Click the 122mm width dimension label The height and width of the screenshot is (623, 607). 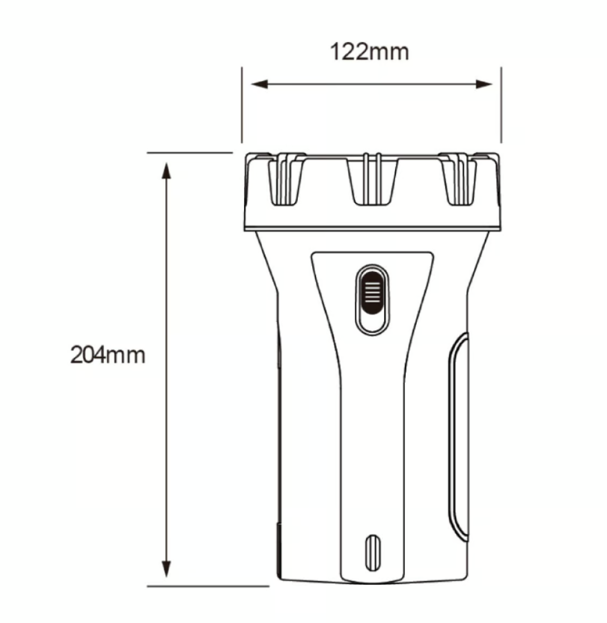tap(370, 52)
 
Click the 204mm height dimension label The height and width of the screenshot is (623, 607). tap(108, 353)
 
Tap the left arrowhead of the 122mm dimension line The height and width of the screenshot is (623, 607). tap(256, 84)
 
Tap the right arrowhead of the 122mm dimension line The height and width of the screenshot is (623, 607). tap(487, 84)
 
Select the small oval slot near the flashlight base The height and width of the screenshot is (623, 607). tap(372, 553)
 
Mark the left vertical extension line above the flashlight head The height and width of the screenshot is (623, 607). tap(242, 105)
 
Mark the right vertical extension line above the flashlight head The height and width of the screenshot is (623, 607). tap(501, 105)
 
